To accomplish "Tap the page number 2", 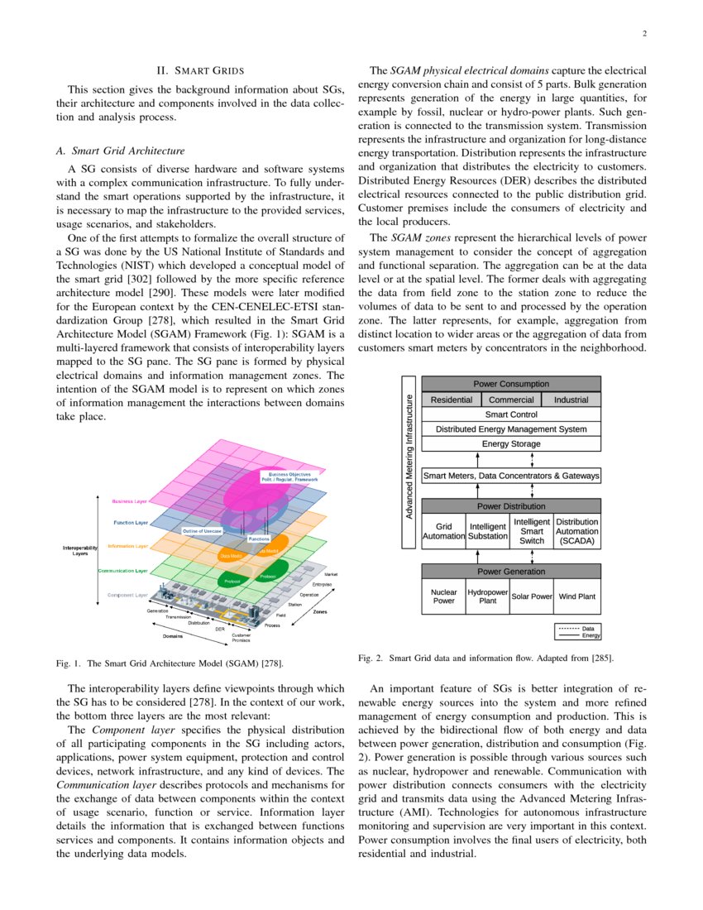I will point(644,34).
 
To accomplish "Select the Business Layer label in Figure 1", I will point(130,501).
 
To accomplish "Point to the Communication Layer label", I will point(123,571).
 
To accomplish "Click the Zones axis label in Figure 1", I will point(320,611).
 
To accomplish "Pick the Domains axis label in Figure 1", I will point(172,636).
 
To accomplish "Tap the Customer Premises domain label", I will point(242,638).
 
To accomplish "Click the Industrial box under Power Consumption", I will point(571,400).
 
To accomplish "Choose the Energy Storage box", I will point(511,444).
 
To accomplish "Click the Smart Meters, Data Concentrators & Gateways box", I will point(511,476).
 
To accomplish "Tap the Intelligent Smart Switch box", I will point(532,531).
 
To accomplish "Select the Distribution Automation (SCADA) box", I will point(577,531).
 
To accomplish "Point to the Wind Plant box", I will point(576,596).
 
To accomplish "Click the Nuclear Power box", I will point(444,596).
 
